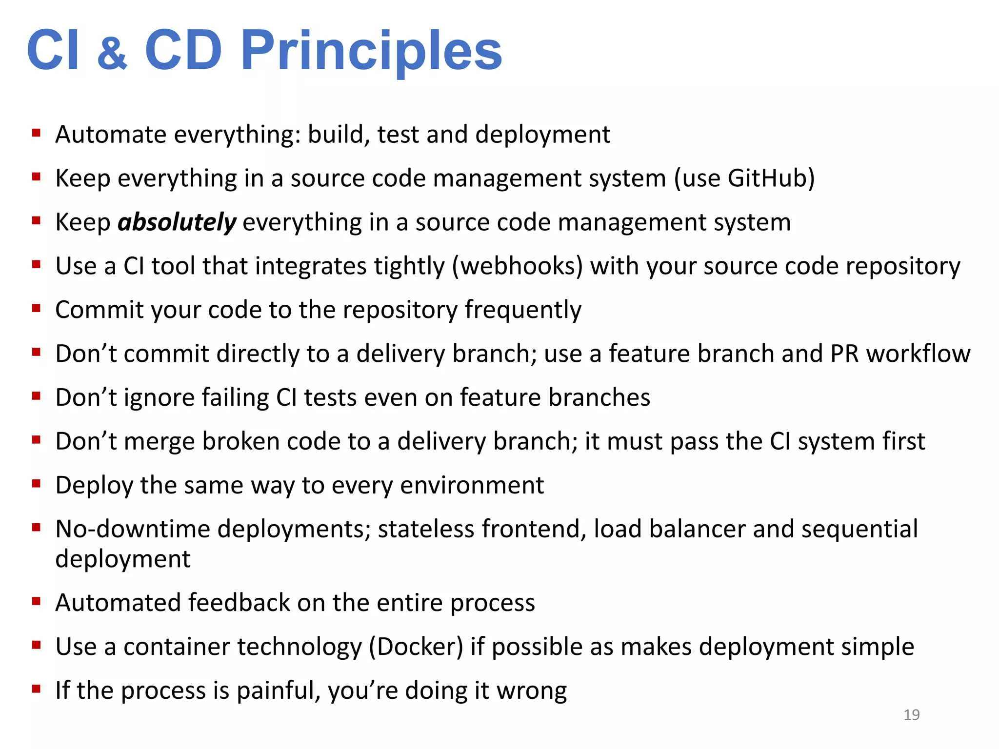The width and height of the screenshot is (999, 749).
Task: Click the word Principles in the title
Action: point(371,51)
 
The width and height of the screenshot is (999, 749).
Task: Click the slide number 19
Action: point(911,715)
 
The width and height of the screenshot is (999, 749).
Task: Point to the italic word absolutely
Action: point(177,222)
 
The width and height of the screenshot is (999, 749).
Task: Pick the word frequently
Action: point(523,310)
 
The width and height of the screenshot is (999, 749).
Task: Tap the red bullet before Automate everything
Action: point(36,133)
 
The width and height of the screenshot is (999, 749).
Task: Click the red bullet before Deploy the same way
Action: point(36,484)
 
